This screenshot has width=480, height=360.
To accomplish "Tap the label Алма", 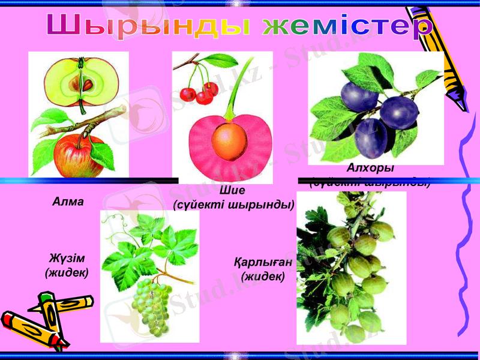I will point(67,202).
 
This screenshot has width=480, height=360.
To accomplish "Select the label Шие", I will point(233,191).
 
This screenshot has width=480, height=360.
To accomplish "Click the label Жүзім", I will point(67,259).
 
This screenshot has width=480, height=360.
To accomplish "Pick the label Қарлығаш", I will point(263,263).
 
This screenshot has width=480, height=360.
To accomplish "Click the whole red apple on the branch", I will point(78,155).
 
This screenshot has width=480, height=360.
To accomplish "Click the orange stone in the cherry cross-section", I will point(229,140).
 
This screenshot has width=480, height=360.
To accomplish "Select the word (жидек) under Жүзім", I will point(67,273).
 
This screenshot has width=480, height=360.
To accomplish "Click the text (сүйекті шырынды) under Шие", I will point(233,205).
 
